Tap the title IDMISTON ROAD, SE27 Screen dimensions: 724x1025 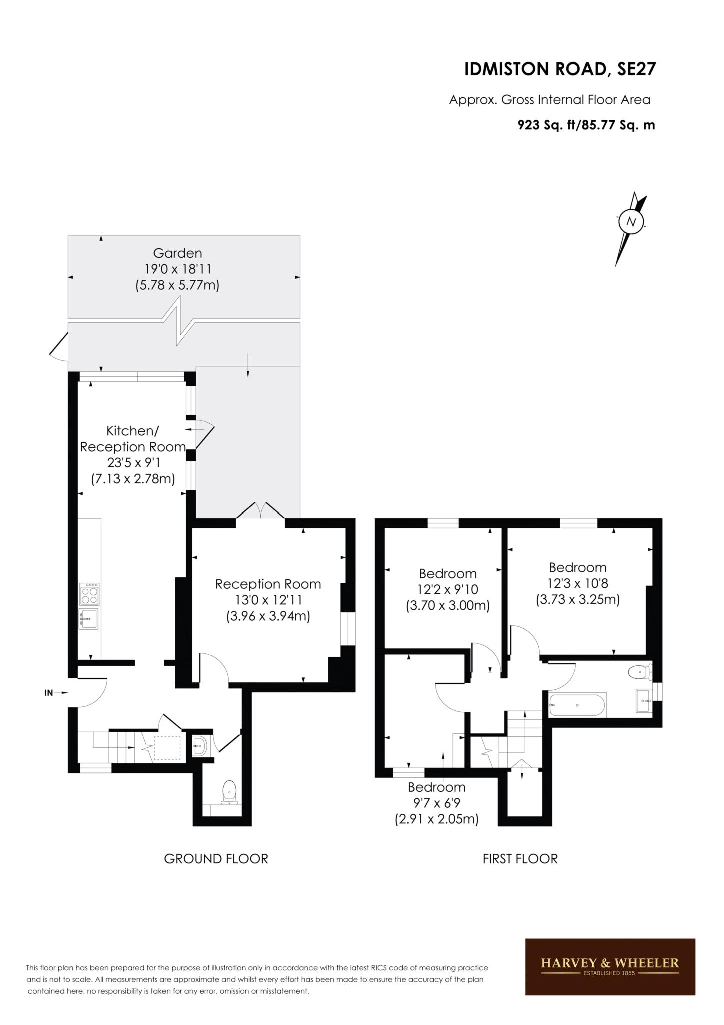(x=560, y=69)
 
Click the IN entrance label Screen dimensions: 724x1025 (x=49, y=693)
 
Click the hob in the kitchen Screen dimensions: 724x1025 (x=89, y=594)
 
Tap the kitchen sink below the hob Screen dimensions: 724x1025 (x=89, y=619)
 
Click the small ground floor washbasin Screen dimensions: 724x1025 (x=199, y=746)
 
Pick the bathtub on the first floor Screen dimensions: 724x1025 (x=577, y=705)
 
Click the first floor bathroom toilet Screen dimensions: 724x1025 (x=640, y=671)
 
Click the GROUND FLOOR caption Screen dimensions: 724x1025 (x=216, y=859)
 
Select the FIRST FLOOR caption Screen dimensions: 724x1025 (x=520, y=859)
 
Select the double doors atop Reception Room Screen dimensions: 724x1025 (x=260, y=510)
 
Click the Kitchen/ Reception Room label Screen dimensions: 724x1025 (x=133, y=439)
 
